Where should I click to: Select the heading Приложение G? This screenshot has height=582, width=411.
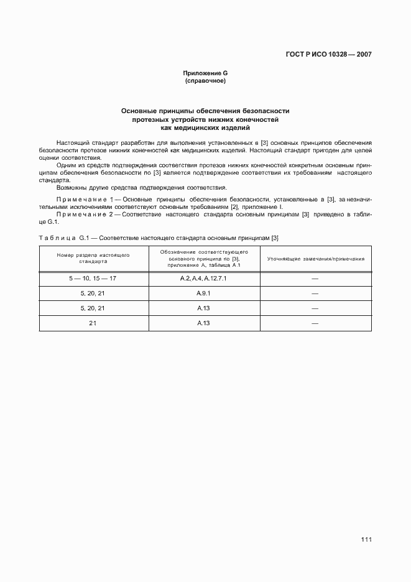tap(205, 74)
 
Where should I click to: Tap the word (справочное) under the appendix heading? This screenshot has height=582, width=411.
tap(205, 81)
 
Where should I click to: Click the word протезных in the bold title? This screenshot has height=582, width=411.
tap(150, 119)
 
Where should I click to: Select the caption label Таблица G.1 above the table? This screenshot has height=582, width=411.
tap(65, 238)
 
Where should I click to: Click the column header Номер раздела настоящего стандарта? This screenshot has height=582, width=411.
tap(93, 258)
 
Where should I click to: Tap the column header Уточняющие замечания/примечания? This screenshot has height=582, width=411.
tap(316, 258)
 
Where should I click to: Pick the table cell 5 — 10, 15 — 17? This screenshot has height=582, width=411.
tap(93, 278)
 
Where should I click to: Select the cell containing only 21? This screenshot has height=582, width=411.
tap(93, 323)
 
